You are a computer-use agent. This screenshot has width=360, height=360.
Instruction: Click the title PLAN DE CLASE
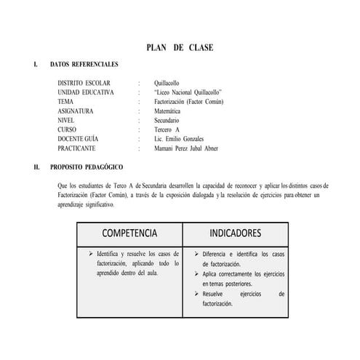(x=180, y=48)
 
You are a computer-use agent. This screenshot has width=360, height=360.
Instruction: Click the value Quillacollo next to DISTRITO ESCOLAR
(x=170, y=84)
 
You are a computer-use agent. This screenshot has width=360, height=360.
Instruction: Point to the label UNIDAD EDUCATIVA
(x=86, y=93)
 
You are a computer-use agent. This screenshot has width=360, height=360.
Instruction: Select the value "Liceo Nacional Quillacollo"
(x=188, y=93)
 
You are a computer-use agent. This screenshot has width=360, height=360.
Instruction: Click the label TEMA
(x=65, y=103)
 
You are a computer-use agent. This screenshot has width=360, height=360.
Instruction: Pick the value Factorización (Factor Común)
(x=189, y=103)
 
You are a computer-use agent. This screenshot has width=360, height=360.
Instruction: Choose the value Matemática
(x=171, y=112)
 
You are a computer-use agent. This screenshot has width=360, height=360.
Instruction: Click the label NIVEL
(x=67, y=121)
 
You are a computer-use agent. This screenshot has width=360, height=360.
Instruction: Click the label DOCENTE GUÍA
(x=79, y=139)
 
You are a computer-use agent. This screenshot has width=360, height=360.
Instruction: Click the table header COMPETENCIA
(x=129, y=233)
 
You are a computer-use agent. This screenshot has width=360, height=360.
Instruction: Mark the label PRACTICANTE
(x=76, y=148)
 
